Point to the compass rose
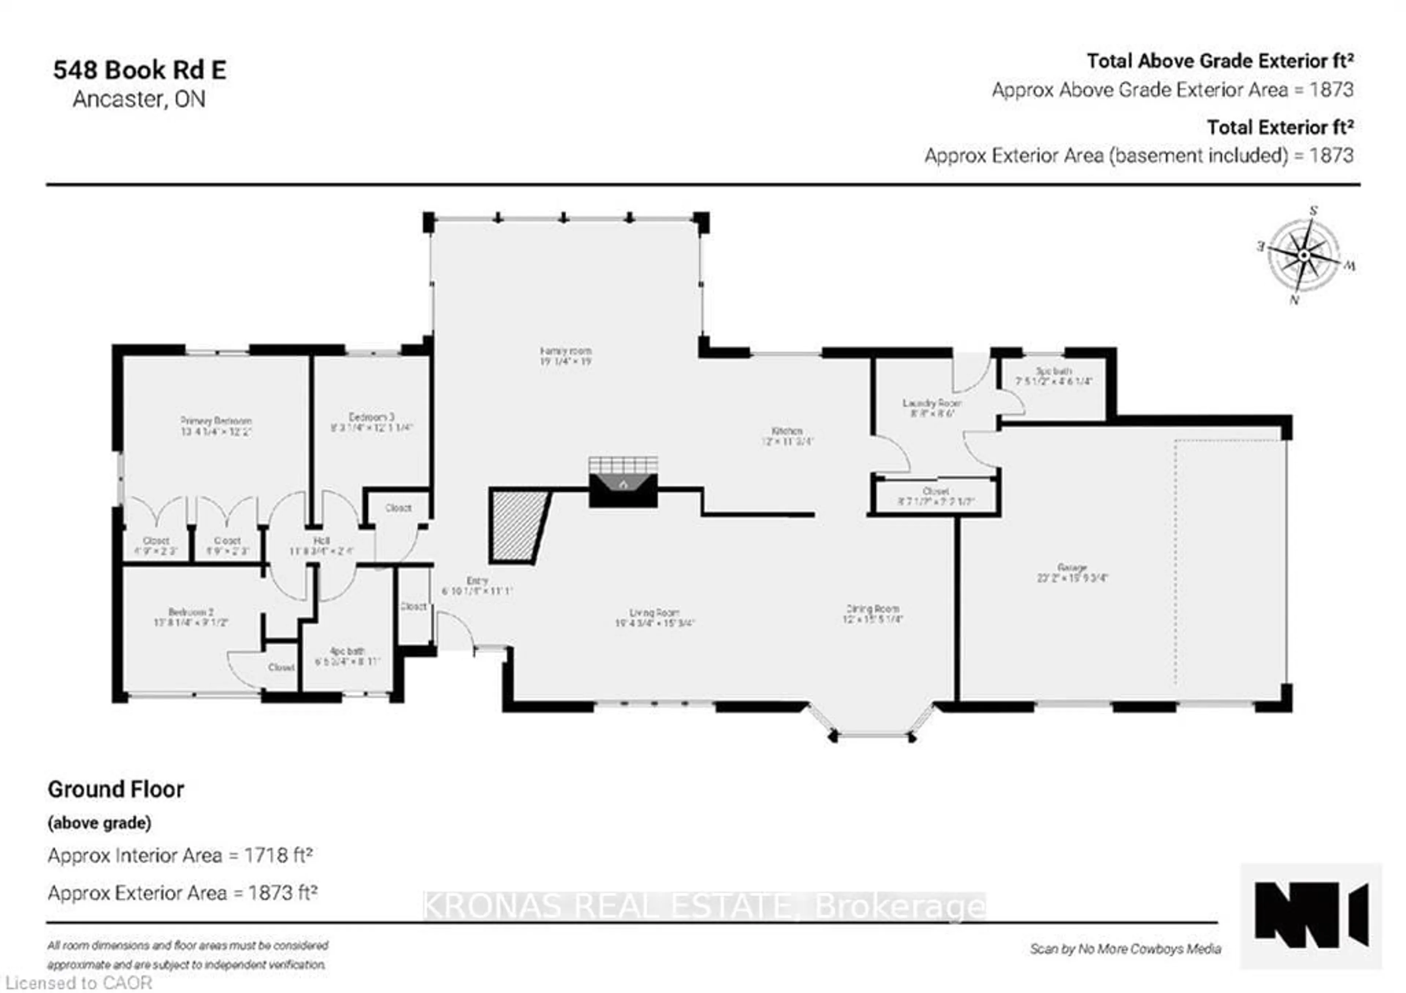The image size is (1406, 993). (1304, 255)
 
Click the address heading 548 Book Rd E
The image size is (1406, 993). (140, 70)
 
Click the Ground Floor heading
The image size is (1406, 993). (116, 789)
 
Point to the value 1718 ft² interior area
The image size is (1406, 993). (278, 855)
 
